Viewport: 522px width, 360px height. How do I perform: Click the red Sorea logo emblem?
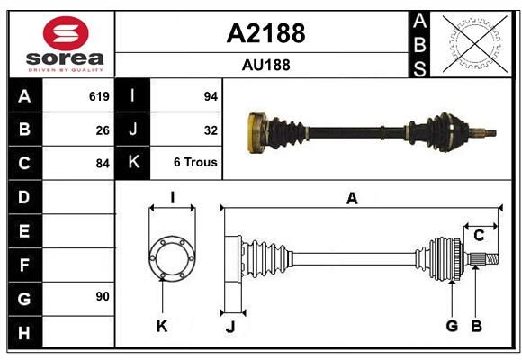coord(66,33)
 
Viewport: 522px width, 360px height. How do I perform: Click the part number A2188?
coord(265,33)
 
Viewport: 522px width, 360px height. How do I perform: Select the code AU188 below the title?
coord(266,65)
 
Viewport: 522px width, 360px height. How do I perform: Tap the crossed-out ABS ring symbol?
coord(475,43)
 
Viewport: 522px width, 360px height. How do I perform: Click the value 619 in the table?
coord(99,96)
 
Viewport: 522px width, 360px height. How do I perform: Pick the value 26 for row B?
coord(103,130)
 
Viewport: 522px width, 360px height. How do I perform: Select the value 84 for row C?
coord(103,164)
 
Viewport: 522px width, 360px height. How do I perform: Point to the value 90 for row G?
coord(103,296)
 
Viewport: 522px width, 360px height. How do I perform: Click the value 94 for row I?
coord(211,96)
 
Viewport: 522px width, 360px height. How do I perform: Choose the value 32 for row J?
coord(211,130)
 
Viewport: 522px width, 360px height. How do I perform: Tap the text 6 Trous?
coord(195,162)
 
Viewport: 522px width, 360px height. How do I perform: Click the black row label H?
coord(25,332)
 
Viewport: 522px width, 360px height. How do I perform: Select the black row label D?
coord(25,197)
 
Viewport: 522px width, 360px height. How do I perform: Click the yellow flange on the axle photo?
coord(256,133)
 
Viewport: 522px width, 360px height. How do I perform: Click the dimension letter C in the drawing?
coord(479,236)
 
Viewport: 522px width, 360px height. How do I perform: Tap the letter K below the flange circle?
coord(162,327)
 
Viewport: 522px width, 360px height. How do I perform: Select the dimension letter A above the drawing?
coord(352,199)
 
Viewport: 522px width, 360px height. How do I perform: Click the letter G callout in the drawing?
coord(452,326)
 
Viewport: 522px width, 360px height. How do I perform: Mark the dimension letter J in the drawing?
coord(230,327)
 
